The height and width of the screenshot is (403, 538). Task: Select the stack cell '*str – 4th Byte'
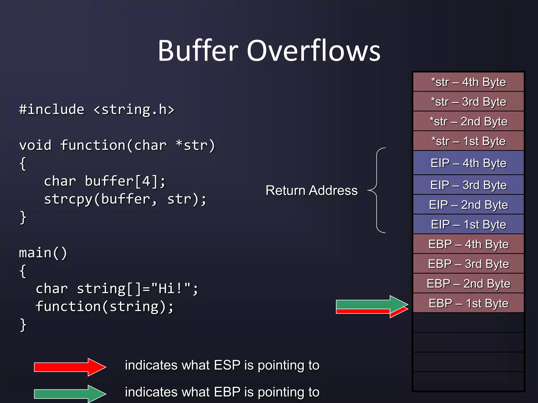coord(468,82)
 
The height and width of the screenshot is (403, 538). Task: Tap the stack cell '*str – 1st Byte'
coord(468,141)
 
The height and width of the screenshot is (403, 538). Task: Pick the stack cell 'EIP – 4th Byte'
coord(468,163)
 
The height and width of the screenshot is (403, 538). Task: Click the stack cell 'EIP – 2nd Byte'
coord(468,205)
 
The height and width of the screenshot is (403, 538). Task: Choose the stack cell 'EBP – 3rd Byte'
coord(468,264)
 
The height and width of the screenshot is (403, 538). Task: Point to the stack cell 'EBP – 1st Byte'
coord(468,303)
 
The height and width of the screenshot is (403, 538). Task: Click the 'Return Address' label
coord(312,190)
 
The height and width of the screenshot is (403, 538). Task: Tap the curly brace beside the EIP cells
coord(377,190)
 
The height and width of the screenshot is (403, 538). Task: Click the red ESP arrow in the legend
coord(70,367)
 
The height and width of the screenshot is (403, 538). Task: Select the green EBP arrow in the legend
coord(70,394)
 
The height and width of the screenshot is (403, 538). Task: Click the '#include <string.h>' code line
coord(97,109)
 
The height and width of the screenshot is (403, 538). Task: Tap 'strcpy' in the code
coord(68,199)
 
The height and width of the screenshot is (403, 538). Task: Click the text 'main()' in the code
coord(43,253)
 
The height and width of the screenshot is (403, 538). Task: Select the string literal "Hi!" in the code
coord(171,289)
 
